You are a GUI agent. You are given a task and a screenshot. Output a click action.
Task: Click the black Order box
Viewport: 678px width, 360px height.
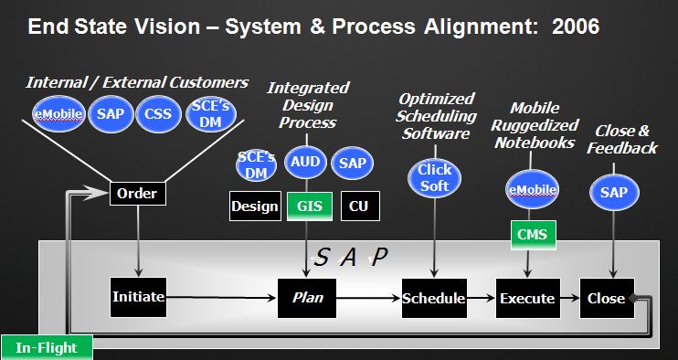click(x=138, y=194)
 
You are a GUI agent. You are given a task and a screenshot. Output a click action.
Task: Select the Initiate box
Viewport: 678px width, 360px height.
click(x=137, y=297)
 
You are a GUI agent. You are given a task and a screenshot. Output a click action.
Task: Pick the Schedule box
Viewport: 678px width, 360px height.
click(x=434, y=298)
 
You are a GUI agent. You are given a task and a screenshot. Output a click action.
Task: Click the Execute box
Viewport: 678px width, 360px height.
click(x=527, y=298)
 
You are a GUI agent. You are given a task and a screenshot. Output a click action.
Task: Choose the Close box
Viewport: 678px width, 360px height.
click(x=606, y=298)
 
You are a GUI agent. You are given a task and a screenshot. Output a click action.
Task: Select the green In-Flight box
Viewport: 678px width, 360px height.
click(x=46, y=347)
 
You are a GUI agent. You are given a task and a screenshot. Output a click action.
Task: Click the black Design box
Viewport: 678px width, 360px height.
click(x=254, y=206)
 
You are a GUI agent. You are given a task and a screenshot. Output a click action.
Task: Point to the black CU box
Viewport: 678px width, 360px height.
click(x=359, y=206)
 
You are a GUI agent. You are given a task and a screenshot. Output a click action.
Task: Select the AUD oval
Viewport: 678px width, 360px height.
click(x=306, y=162)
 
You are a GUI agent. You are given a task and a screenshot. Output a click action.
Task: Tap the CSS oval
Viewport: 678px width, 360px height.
click(x=159, y=115)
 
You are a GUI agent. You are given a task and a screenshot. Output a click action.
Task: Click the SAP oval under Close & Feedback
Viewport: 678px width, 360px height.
click(x=613, y=193)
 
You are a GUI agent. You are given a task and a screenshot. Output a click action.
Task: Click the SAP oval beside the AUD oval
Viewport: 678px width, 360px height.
click(x=352, y=162)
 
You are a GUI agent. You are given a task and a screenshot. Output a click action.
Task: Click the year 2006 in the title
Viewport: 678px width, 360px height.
click(x=576, y=27)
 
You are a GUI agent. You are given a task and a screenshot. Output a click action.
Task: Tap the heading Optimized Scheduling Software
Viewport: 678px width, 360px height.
click(x=438, y=115)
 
